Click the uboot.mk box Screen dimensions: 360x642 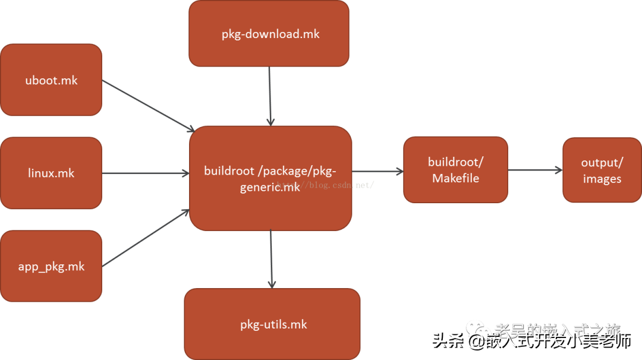coord(51,80)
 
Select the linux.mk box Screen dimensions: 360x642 coord(51,173)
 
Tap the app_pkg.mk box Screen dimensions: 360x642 coord(51,266)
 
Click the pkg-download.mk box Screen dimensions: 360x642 coord(269,33)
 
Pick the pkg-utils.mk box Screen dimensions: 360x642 coord(272,324)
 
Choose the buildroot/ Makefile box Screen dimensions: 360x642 coord(455,170)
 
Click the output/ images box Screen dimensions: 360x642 coord(602,170)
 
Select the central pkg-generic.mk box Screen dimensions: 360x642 coord(270,178)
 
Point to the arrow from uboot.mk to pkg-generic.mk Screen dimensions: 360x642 coord(148,106)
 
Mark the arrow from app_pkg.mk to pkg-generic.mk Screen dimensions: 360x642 coord(146,238)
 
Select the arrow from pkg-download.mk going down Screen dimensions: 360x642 coord(270,95)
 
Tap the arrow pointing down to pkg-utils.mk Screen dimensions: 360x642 coord(272,258)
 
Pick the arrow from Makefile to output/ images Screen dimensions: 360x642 coord(535,170)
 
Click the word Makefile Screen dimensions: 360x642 coord(455,178)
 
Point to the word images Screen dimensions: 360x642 coord(602,179)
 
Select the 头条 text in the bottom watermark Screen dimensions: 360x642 coord(446,341)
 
